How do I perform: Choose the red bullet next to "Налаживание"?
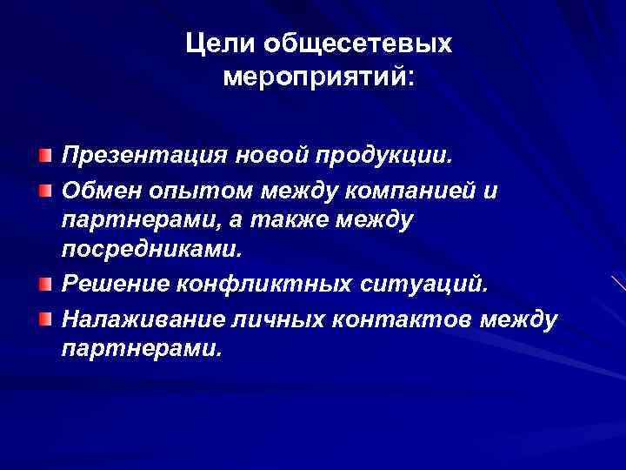[43, 317]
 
